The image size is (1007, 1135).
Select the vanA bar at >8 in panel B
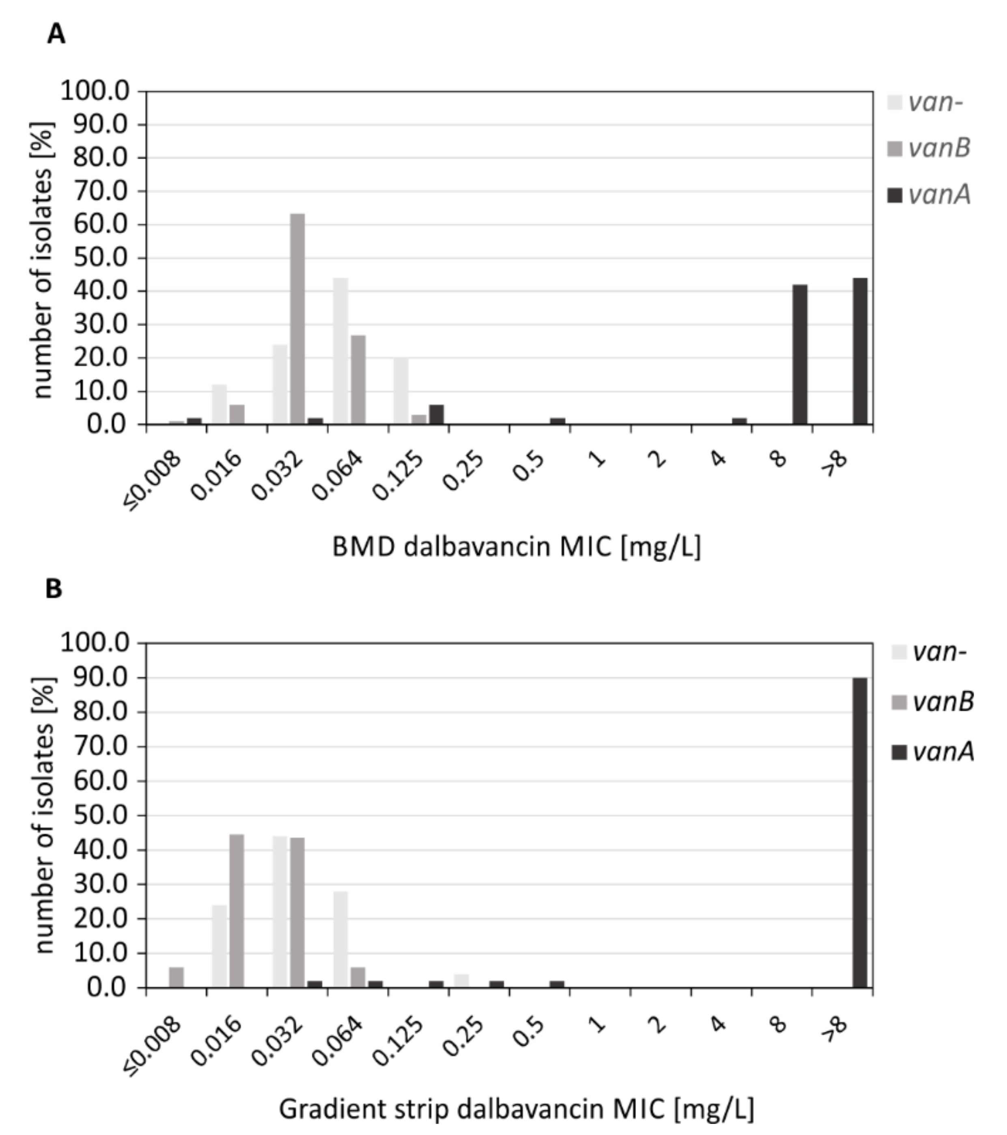859,832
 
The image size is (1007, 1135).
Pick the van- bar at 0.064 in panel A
340,351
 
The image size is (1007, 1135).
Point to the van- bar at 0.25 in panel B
461,981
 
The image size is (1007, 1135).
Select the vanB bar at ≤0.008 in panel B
177,977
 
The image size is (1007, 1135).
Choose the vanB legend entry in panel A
930,148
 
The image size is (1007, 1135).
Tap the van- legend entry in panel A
927,102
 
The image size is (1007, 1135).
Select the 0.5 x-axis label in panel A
528,465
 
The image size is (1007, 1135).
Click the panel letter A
56,35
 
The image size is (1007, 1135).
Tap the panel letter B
54,589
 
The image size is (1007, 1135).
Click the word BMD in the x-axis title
363,547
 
